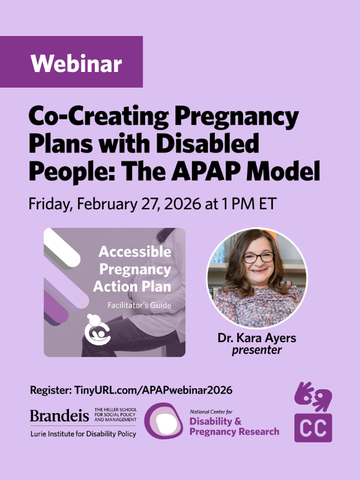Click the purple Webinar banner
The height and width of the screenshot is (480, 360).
point(71,62)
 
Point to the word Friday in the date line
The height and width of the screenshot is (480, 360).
point(49,203)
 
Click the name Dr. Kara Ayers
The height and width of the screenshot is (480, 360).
point(257,338)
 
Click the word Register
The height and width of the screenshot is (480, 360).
point(50,391)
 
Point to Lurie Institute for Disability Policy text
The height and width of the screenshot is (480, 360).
point(83,434)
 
